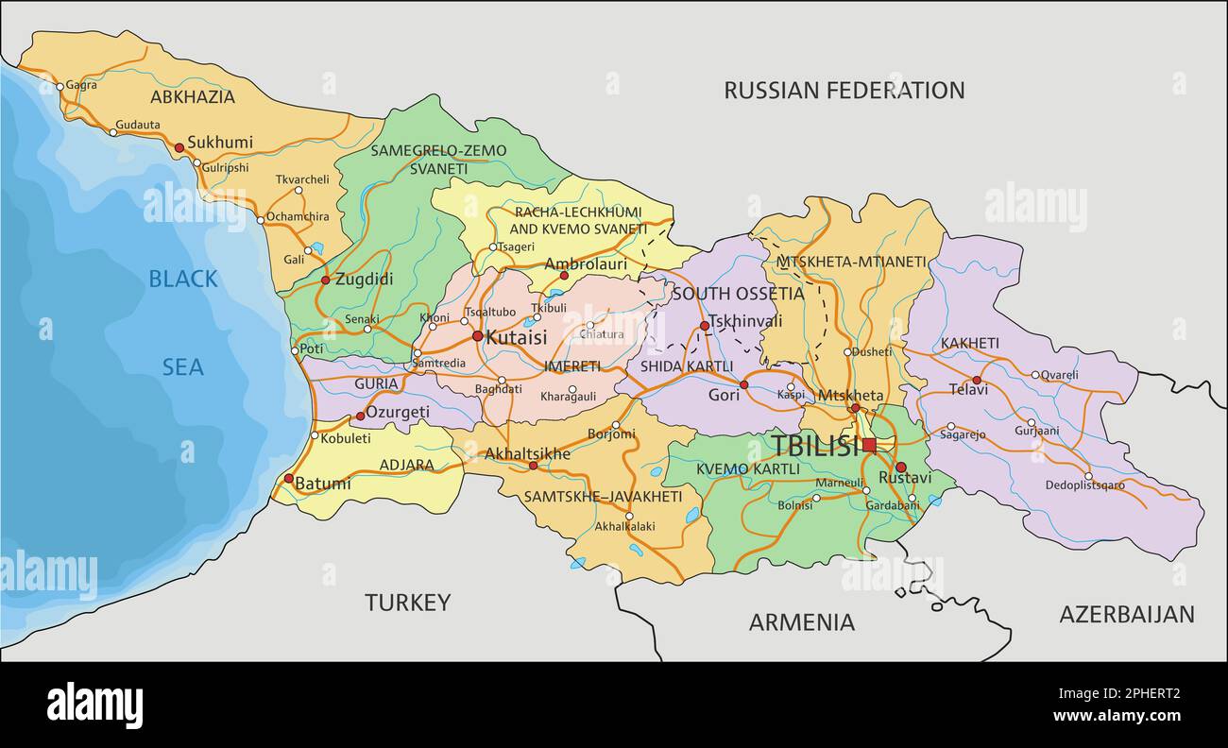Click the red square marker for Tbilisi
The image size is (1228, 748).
[868, 444]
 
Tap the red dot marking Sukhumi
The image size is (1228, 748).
[179, 147]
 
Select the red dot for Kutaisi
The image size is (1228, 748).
[477, 335]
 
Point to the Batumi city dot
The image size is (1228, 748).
[288, 478]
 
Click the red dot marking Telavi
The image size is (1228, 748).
[978, 381]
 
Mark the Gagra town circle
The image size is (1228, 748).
[60, 86]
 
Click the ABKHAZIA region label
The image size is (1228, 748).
[192, 96]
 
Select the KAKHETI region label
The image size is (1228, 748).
[969, 343]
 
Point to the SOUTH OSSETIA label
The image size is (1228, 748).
[738, 294]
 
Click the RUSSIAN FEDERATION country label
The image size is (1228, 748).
[844, 91]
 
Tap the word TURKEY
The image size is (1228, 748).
[407, 603]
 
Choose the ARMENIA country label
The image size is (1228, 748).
[801, 622]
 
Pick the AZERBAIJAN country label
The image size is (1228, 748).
[1126, 614]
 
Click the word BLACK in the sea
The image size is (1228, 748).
[183, 279]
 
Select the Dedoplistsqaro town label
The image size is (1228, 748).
[1084, 485]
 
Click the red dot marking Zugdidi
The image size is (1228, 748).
[325, 280]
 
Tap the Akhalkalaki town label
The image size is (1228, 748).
[624, 526]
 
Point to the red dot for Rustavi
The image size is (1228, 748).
[900, 467]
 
